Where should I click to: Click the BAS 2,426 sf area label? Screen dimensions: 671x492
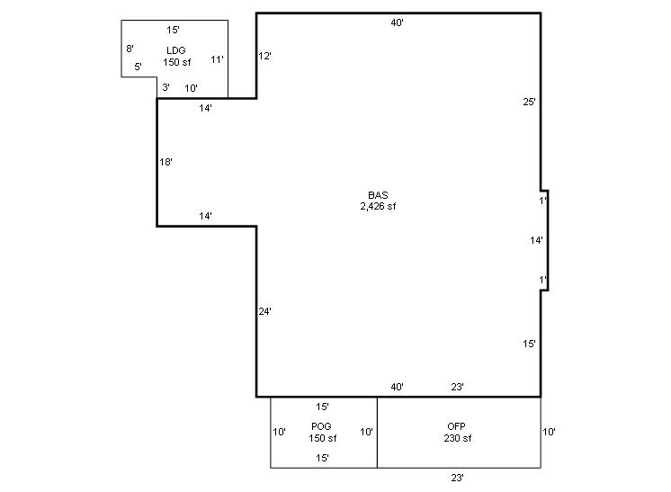point(378,201)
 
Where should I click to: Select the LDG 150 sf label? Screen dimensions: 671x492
point(176,57)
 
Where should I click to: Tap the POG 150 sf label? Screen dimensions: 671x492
point(322,432)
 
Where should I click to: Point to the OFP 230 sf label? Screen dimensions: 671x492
point(458,432)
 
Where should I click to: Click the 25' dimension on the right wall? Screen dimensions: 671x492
point(530,102)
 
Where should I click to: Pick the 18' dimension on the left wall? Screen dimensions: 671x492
point(166,162)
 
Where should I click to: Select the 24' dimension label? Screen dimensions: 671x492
point(264,311)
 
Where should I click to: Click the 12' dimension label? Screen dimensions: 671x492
point(264,56)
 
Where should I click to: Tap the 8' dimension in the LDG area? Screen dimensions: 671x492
point(130,49)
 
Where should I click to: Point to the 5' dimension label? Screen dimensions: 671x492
point(138,67)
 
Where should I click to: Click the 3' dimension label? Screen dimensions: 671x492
point(166,87)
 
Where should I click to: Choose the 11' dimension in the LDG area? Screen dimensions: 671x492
point(217,59)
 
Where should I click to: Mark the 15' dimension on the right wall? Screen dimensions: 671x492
point(530,344)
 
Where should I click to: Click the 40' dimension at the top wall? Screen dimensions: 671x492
point(398,22)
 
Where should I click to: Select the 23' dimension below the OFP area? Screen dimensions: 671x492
point(458,478)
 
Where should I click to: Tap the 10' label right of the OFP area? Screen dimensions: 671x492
point(549,432)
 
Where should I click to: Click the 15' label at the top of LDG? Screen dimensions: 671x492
point(173,30)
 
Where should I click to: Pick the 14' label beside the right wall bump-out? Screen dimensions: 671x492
point(536,240)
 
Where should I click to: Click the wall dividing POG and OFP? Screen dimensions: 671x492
point(377,433)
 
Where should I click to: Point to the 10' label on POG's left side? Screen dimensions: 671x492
point(280,432)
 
